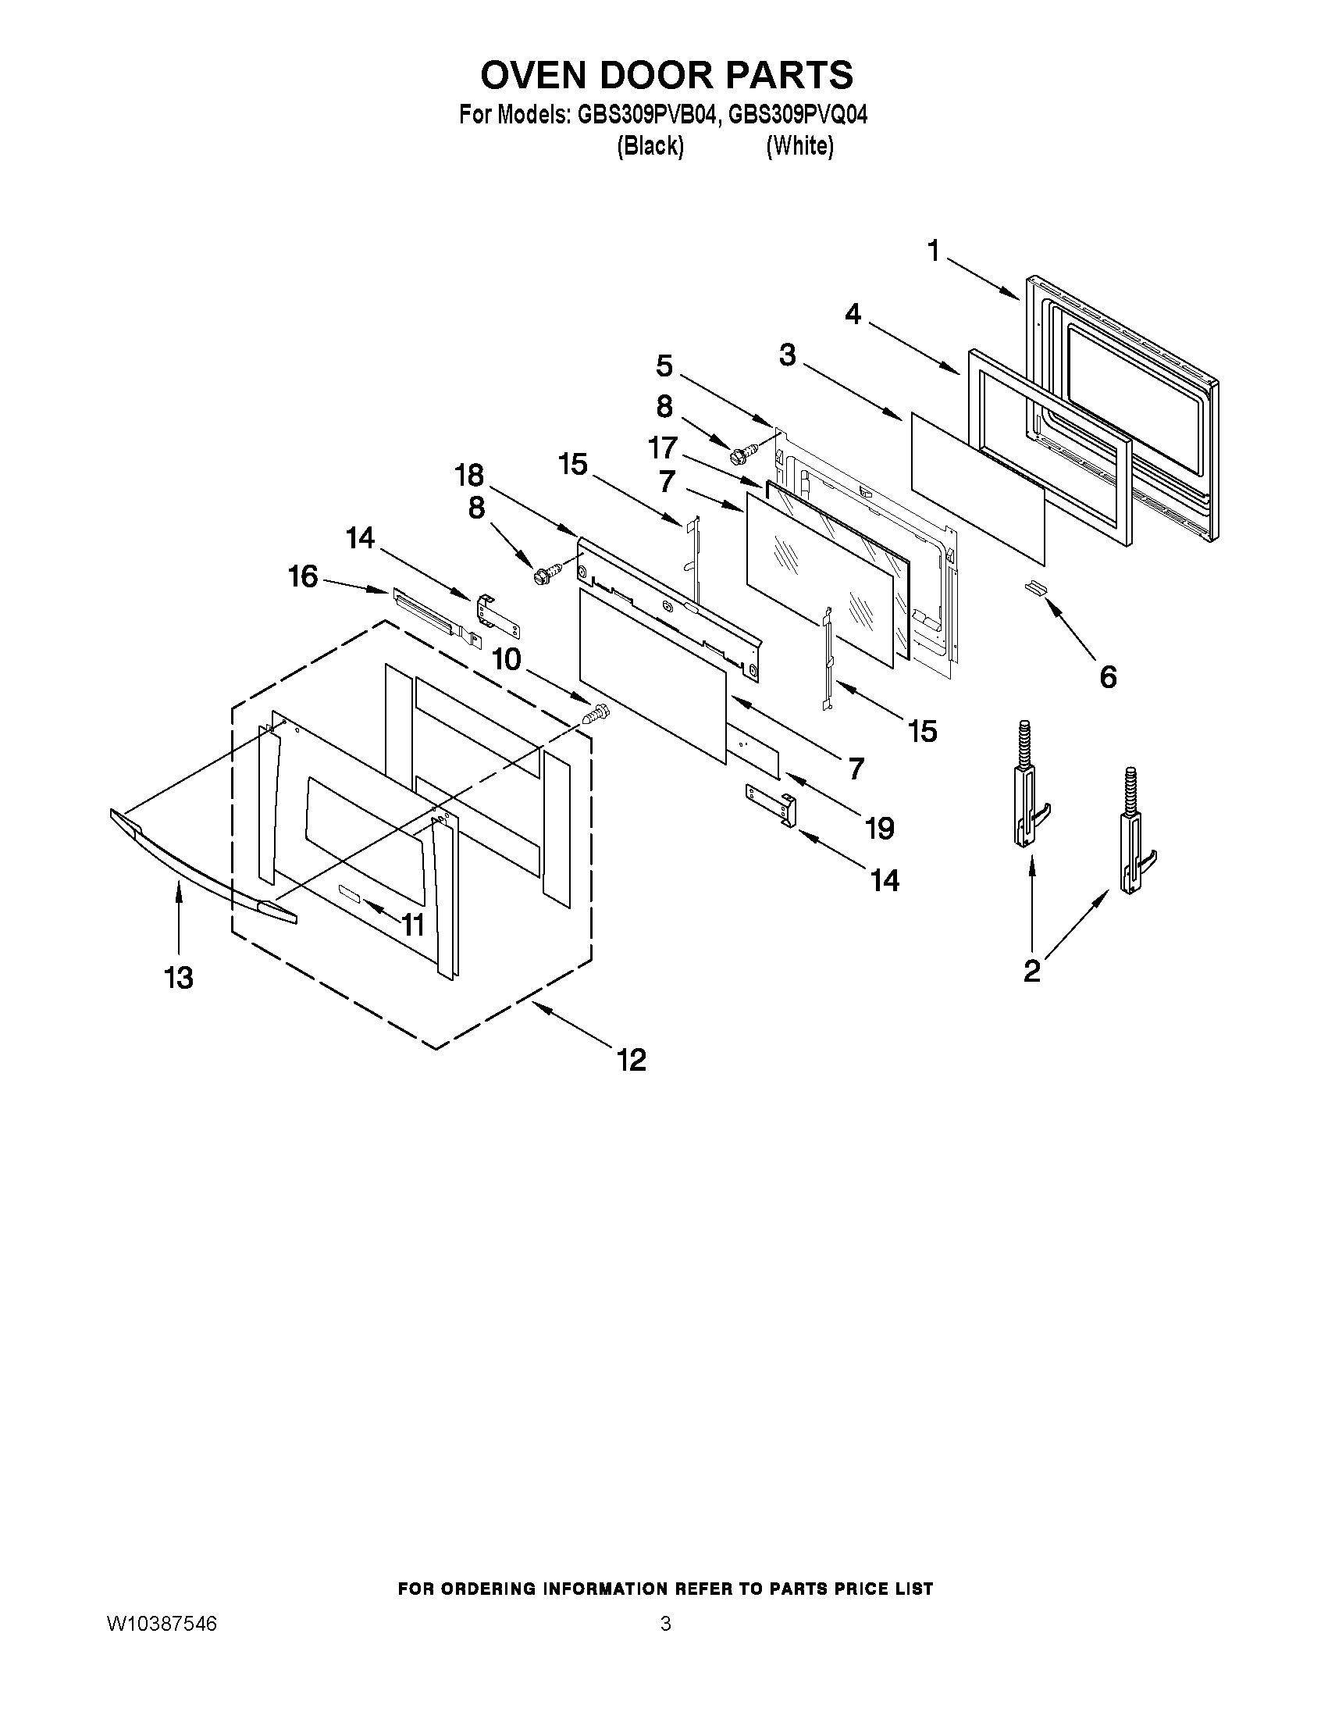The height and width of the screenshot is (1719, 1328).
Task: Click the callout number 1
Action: (x=933, y=251)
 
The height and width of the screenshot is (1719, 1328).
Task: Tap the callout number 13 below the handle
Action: (x=179, y=978)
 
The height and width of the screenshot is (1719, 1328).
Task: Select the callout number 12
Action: (x=631, y=1059)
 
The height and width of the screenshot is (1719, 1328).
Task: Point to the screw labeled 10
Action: (x=596, y=714)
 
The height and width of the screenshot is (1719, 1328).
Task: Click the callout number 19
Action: (x=880, y=828)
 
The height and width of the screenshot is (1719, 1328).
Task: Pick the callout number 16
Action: (x=303, y=576)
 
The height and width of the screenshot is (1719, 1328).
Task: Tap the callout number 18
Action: (x=470, y=476)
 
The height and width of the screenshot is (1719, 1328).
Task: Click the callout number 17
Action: (x=662, y=448)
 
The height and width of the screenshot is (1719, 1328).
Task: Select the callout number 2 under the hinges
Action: (x=1031, y=972)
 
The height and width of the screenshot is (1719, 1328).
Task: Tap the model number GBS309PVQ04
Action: (x=798, y=116)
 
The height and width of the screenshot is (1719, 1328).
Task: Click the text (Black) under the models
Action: (x=649, y=146)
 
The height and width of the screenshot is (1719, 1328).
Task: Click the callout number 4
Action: (x=853, y=314)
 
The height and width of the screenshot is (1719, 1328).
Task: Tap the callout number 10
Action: (x=507, y=660)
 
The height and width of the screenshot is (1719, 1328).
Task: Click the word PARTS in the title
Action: (x=789, y=76)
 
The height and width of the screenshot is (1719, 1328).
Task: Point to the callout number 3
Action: (x=788, y=355)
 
